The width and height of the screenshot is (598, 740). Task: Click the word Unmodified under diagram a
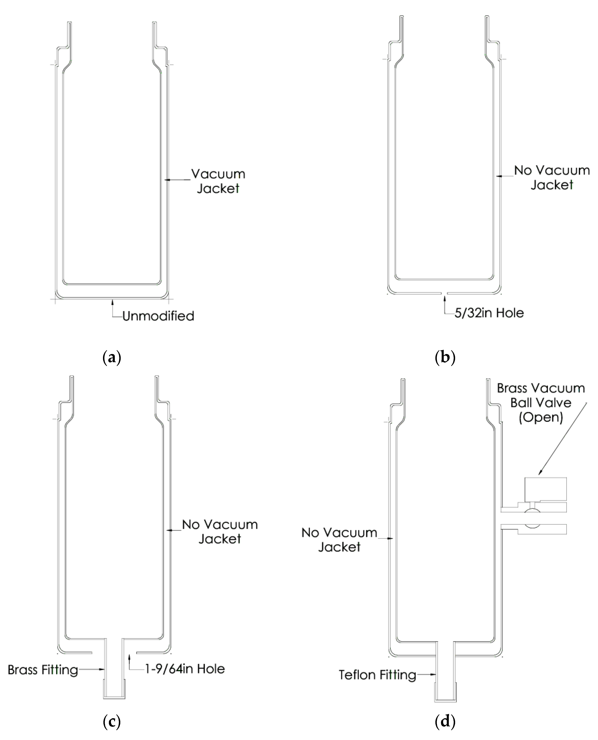click(158, 316)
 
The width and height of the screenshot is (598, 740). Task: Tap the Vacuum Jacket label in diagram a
click(218, 181)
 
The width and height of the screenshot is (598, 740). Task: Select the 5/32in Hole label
click(489, 313)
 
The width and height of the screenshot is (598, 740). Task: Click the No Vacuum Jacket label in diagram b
click(552, 177)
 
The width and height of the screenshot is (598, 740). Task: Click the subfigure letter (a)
click(112, 358)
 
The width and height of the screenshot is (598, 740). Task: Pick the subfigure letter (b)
click(445, 357)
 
